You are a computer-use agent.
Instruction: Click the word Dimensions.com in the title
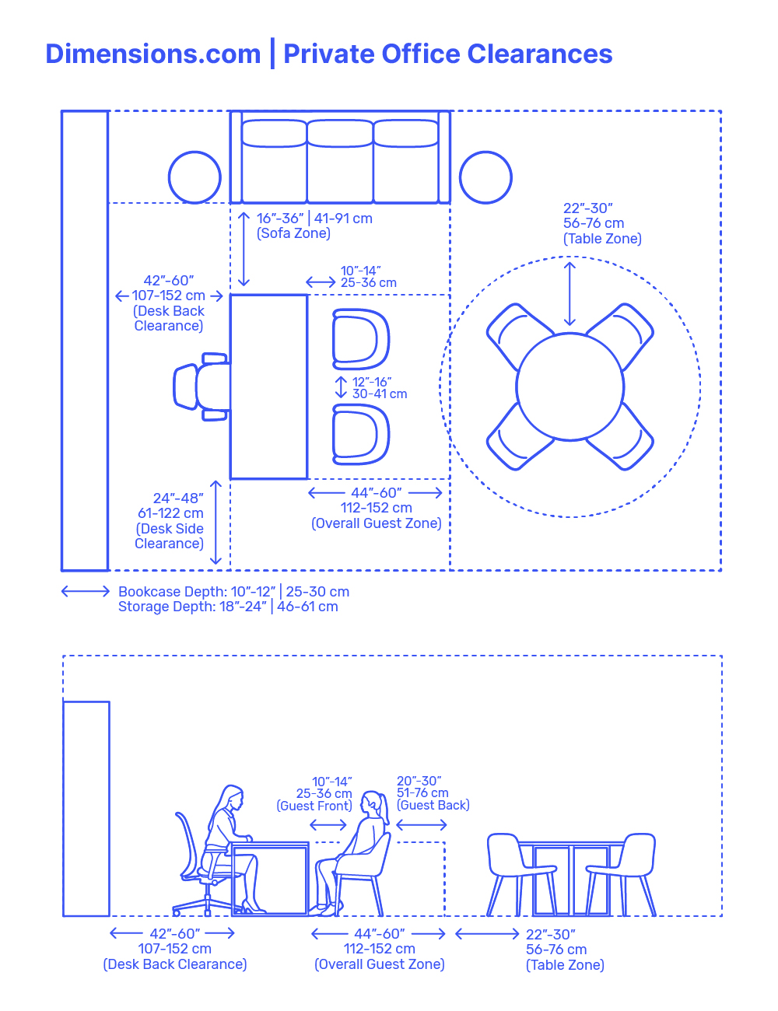point(153,54)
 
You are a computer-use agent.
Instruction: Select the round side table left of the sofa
point(194,177)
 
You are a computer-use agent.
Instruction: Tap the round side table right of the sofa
point(485,177)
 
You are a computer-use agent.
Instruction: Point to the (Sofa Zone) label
point(293,233)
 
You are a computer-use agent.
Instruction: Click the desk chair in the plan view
point(199,387)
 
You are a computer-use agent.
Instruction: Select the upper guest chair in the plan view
point(360,339)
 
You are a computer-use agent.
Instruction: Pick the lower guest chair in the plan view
point(360,434)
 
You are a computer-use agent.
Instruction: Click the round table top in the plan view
point(570,387)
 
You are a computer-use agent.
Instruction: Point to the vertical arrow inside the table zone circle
point(570,294)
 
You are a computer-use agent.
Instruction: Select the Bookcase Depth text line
point(233,592)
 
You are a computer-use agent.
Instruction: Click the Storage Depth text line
point(228,607)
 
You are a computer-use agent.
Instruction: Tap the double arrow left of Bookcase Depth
point(86,592)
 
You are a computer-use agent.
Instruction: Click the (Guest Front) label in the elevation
point(314,806)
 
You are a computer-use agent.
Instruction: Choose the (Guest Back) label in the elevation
point(433,806)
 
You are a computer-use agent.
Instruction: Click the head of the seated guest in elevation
point(374,804)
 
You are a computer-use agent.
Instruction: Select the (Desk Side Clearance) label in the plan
point(170,536)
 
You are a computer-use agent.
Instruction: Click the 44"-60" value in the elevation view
point(379,933)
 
